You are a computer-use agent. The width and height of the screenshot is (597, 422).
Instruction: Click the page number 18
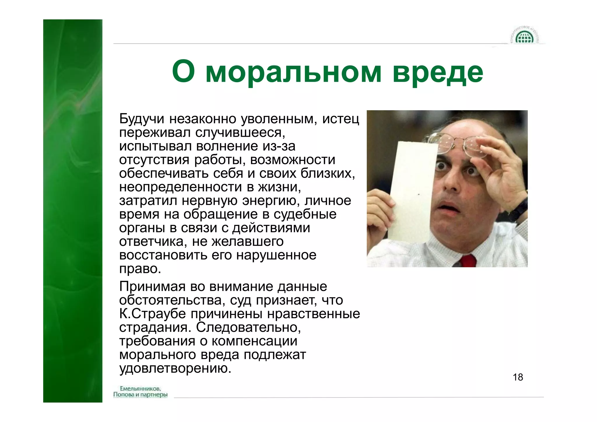pyautogui.click(x=518, y=377)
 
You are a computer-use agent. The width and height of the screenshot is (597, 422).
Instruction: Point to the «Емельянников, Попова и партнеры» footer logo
pyautogui.click(x=140, y=391)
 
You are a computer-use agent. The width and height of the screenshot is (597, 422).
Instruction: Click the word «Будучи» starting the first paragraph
pyautogui.click(x=142, y=119)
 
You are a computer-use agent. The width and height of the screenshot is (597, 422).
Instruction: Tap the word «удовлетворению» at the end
pyautogui.click(x=175, y=368)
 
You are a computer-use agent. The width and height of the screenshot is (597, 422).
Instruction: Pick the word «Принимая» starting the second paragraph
pyautogui.click(x=152, y=286)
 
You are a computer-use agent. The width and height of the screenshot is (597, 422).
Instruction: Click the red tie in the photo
pyautogui.click(x=468, y=260)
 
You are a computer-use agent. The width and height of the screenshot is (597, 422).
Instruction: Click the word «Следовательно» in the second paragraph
pyautogui.click(x=248, y=327)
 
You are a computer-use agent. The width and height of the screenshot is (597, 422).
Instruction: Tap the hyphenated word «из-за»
pyautogui.click(x=279, y=146)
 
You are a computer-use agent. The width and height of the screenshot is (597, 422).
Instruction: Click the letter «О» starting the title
pyautogui.click(x=183, y=72)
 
